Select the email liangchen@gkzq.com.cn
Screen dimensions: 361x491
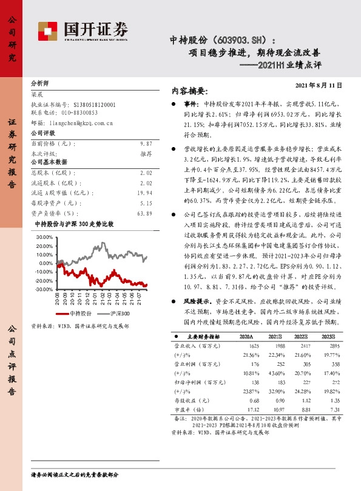pyautogui.click(x=82, y=122)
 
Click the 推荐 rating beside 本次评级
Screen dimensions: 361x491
pyautogui.click(x=146, y=154)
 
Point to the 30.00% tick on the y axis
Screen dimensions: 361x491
pyautogui.click(x=44, y=236)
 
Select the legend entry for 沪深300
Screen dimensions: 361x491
pyautogui.click(x=116, y=313)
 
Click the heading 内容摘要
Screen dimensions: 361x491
pyautogui.click(x=190, y=91)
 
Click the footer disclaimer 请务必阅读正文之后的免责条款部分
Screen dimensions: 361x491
pyautogui.click(x=75, y=474)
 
